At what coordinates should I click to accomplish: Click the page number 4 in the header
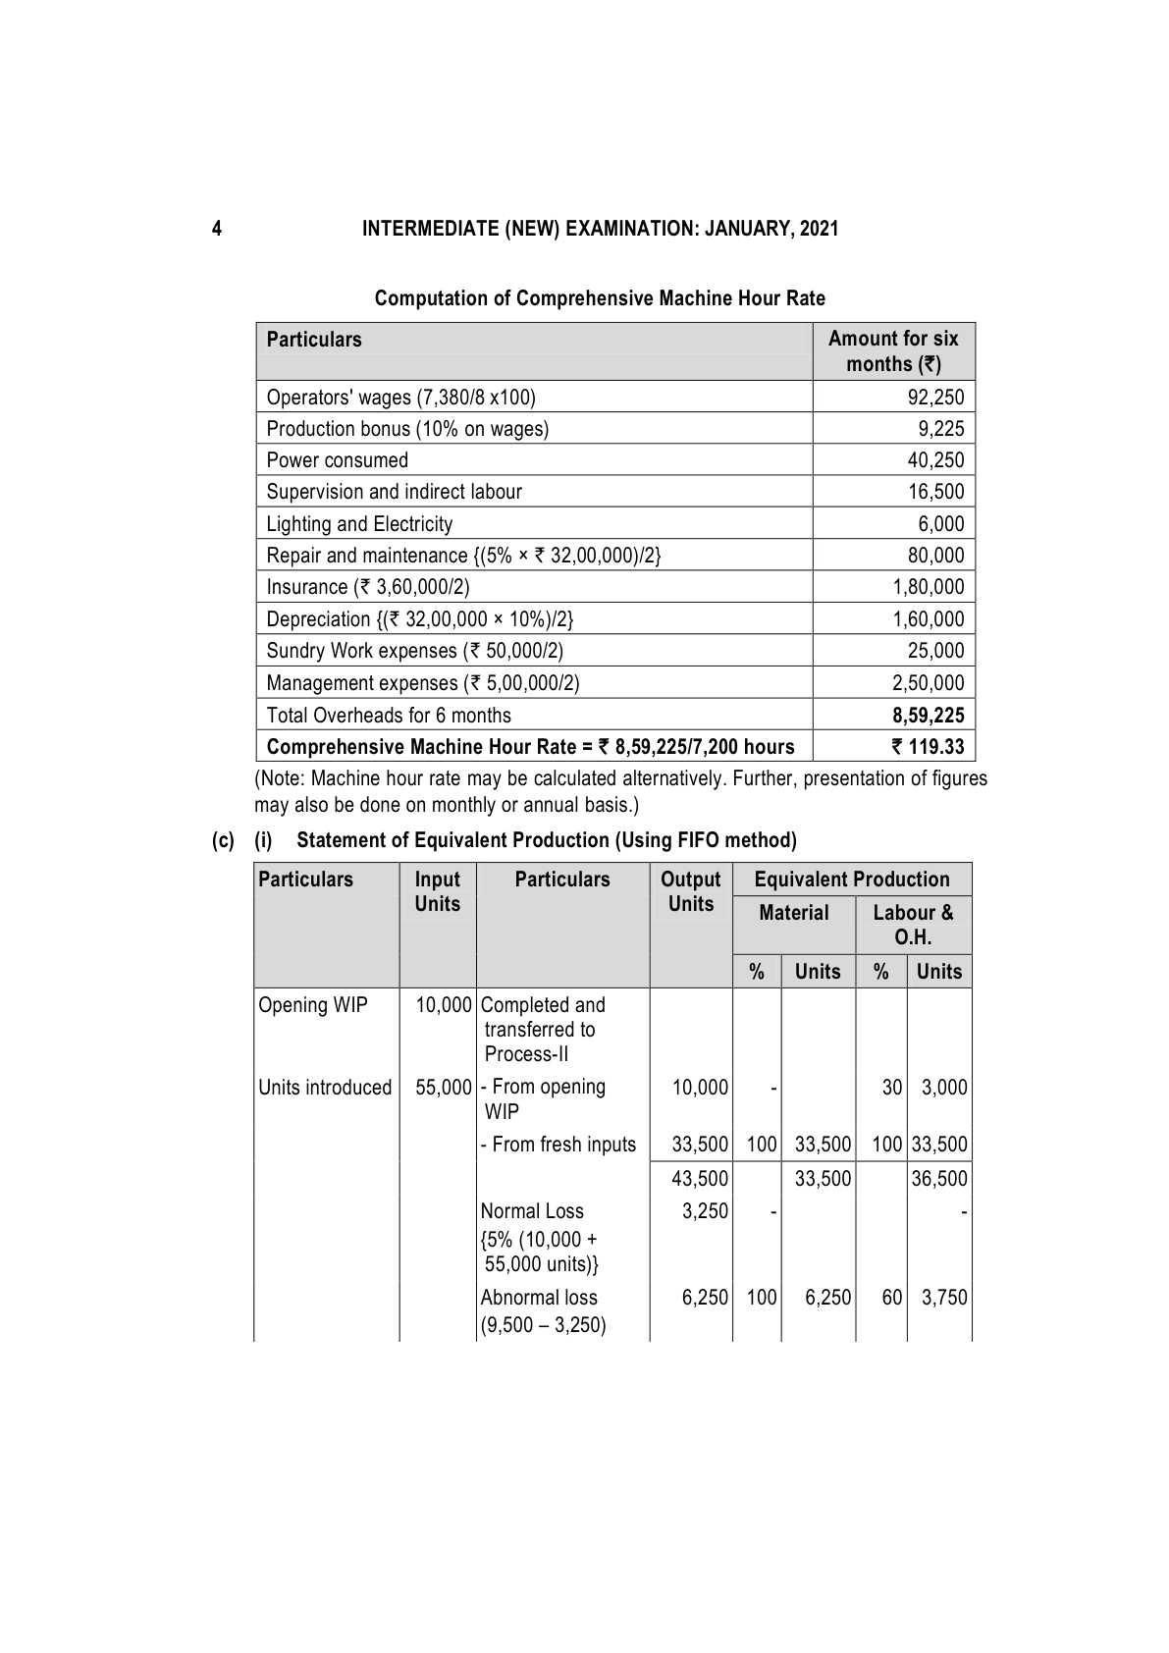217,229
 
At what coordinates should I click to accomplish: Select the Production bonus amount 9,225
941,429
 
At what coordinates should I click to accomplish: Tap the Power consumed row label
337,460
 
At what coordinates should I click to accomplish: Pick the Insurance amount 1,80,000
928,587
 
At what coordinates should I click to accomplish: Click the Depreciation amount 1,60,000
928,619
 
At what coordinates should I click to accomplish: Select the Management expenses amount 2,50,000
928,683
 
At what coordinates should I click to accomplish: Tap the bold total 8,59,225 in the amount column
928,716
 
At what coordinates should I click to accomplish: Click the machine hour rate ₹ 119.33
928,747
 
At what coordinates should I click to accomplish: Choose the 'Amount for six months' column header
893,351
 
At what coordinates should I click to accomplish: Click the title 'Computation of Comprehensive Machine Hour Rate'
600,298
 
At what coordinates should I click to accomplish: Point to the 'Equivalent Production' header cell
852,880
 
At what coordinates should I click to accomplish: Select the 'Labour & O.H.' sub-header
913,925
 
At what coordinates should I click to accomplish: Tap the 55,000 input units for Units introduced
444,1088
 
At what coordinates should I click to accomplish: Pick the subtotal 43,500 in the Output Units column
700,1179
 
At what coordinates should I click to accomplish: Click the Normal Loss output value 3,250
705,1211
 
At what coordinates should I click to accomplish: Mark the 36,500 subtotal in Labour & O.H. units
939,1179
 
